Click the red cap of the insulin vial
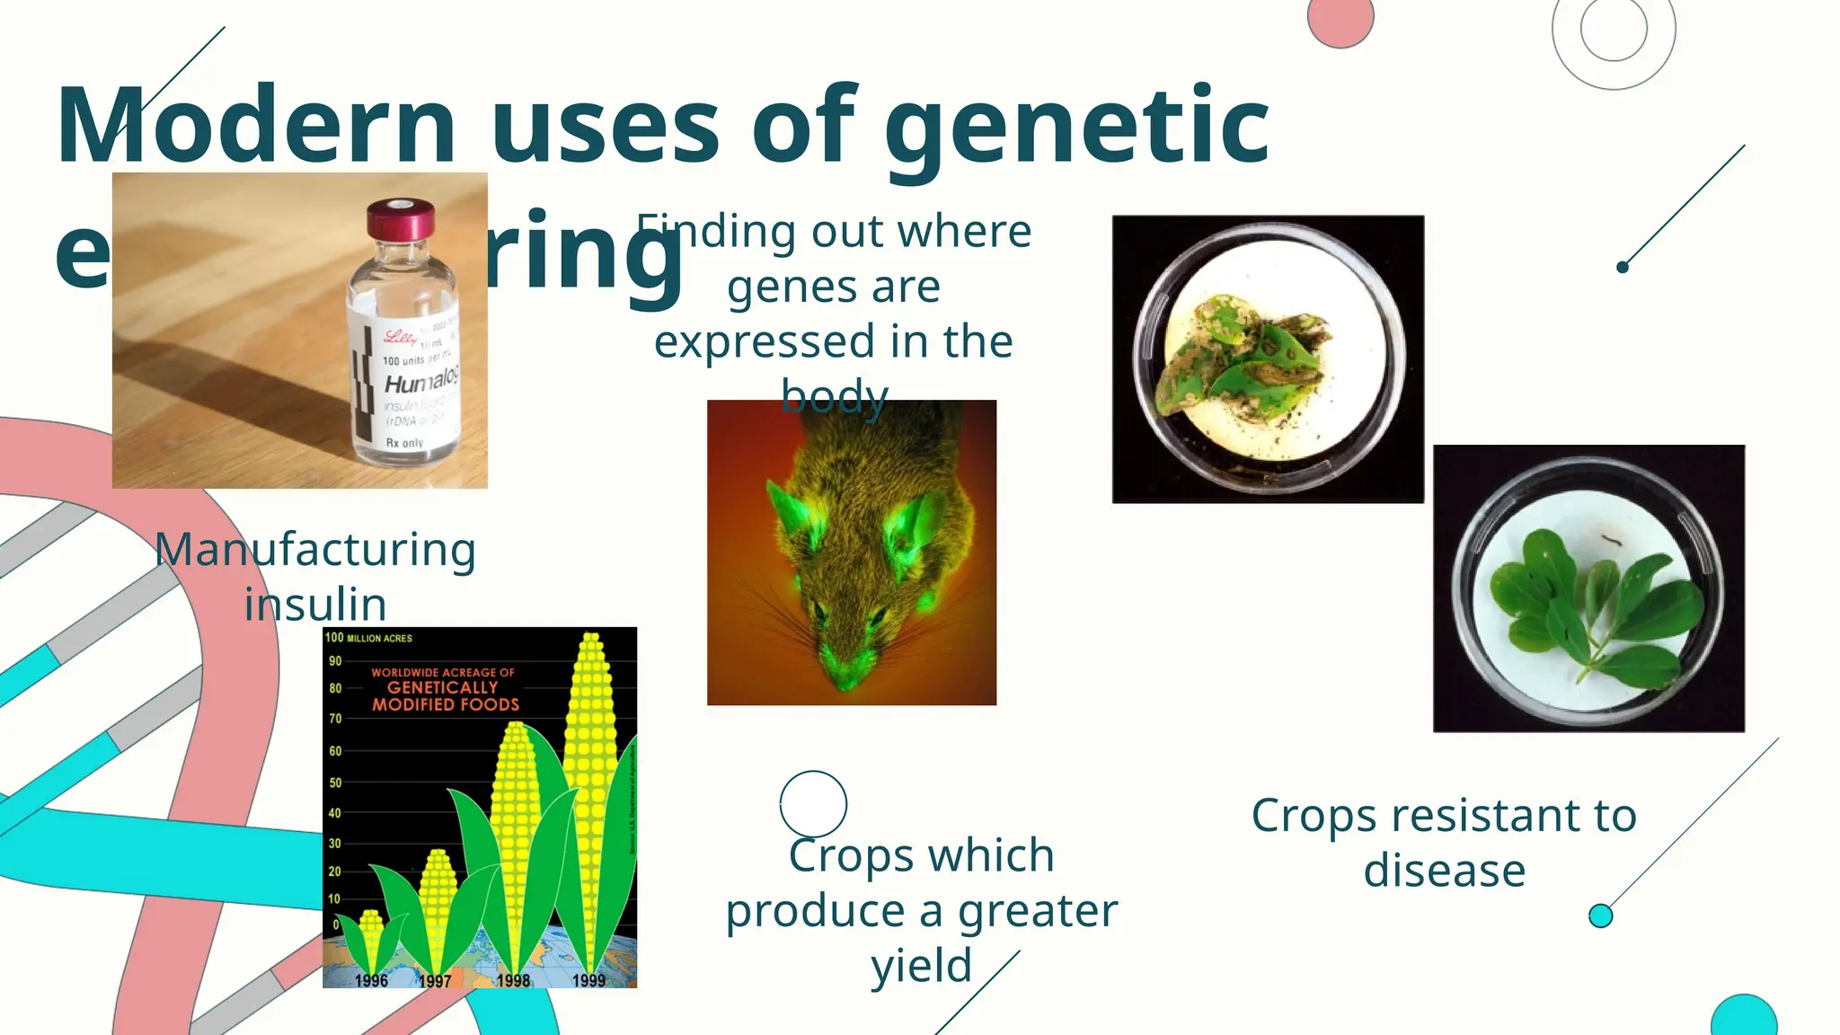click(400, 219)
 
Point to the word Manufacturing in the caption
click(315, 550)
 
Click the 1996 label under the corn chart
click(370, 980)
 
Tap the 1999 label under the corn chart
click(588, 980)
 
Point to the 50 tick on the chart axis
click(335, 783)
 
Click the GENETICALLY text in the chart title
click(442, 687)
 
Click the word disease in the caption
click(1444, 871)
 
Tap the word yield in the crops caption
click(921, 966)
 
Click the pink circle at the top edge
click(1340, 18)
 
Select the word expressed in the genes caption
click(764, 342)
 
